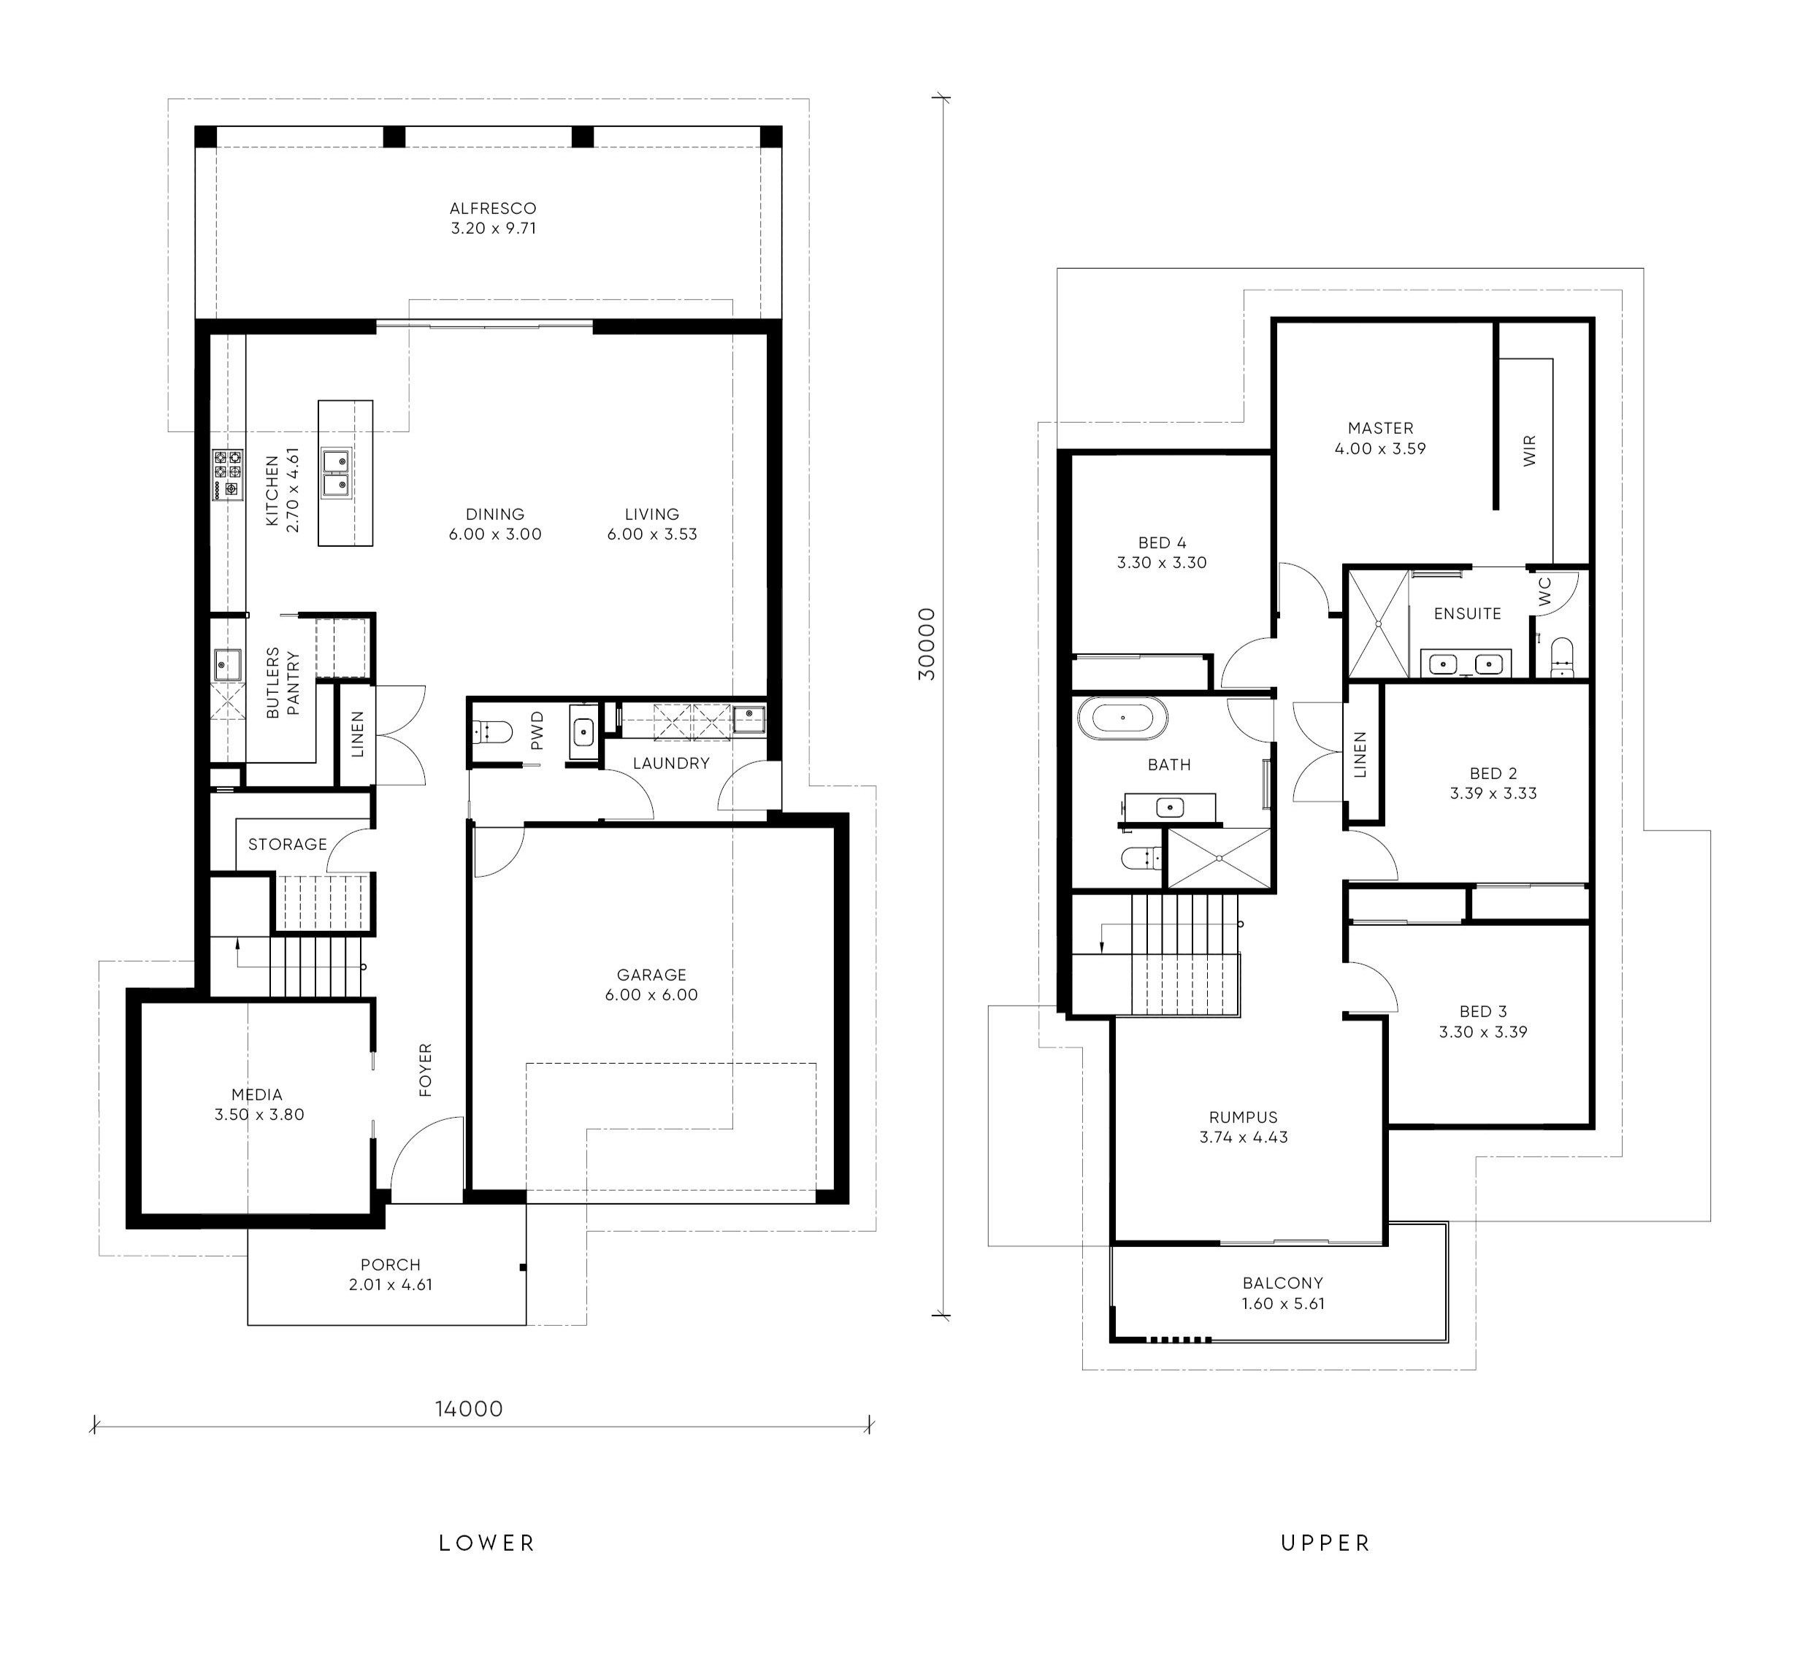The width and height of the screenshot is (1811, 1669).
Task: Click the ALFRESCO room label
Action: click(x=493, y=209)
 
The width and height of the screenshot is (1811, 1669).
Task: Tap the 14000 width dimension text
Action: click(x=469, y=1409)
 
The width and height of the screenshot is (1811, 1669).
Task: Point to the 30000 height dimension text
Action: click(x=927, y=644)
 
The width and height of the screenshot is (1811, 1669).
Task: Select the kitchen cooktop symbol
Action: click(x=228, y=475)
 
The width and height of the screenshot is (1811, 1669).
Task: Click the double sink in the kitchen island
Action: click(x=336, y=473)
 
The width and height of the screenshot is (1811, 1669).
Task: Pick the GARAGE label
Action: click(x=651, y=975)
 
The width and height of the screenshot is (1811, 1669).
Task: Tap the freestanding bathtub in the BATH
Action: click(x=1122, y=719)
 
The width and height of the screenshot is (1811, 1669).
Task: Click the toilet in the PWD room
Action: click(x=491, y=730)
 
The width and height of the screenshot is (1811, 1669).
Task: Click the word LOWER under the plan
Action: click(x=487, y=1543)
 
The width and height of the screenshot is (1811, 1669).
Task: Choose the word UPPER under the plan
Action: click(x=1326, y=1543)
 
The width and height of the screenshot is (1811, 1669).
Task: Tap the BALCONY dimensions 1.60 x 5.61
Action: click(x=1282, y=1303)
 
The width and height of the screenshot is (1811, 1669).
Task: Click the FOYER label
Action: click(x=426, y=1070)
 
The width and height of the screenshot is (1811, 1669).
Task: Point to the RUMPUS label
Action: click(x=1244, y=1117)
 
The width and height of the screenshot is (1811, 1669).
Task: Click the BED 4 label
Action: click(x=1163, y=542)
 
